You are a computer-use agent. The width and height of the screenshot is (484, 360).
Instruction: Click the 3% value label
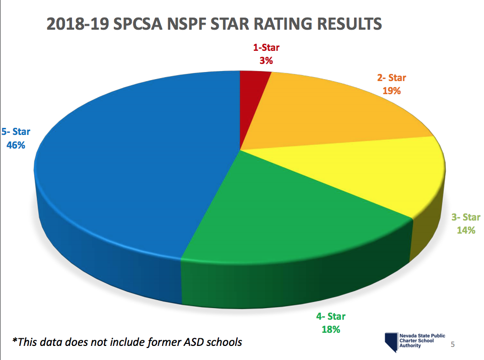pyautogui.click(x=266, y=60)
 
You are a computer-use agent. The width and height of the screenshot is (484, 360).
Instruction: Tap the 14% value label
pyautogui.click(x=466, y=231)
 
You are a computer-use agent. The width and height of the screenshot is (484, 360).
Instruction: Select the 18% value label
pyautogui.click(x=330, y=330)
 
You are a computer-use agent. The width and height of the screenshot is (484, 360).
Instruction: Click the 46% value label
pyautogui.click(x=16, y=145)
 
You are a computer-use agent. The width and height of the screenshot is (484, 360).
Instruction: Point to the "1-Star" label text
pyautogui.click(x=266, y=48)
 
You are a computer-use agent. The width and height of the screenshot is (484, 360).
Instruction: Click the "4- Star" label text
pyautogui.click(x=330, y=317)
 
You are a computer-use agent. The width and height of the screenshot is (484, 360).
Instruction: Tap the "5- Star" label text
pyautogui.click(x=16, y=132)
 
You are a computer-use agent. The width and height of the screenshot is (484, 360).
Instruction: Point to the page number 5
pyautogui.click(x=453, y=345)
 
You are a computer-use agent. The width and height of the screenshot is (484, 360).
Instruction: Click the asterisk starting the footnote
pyautogui.click(x=15, y=341)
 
